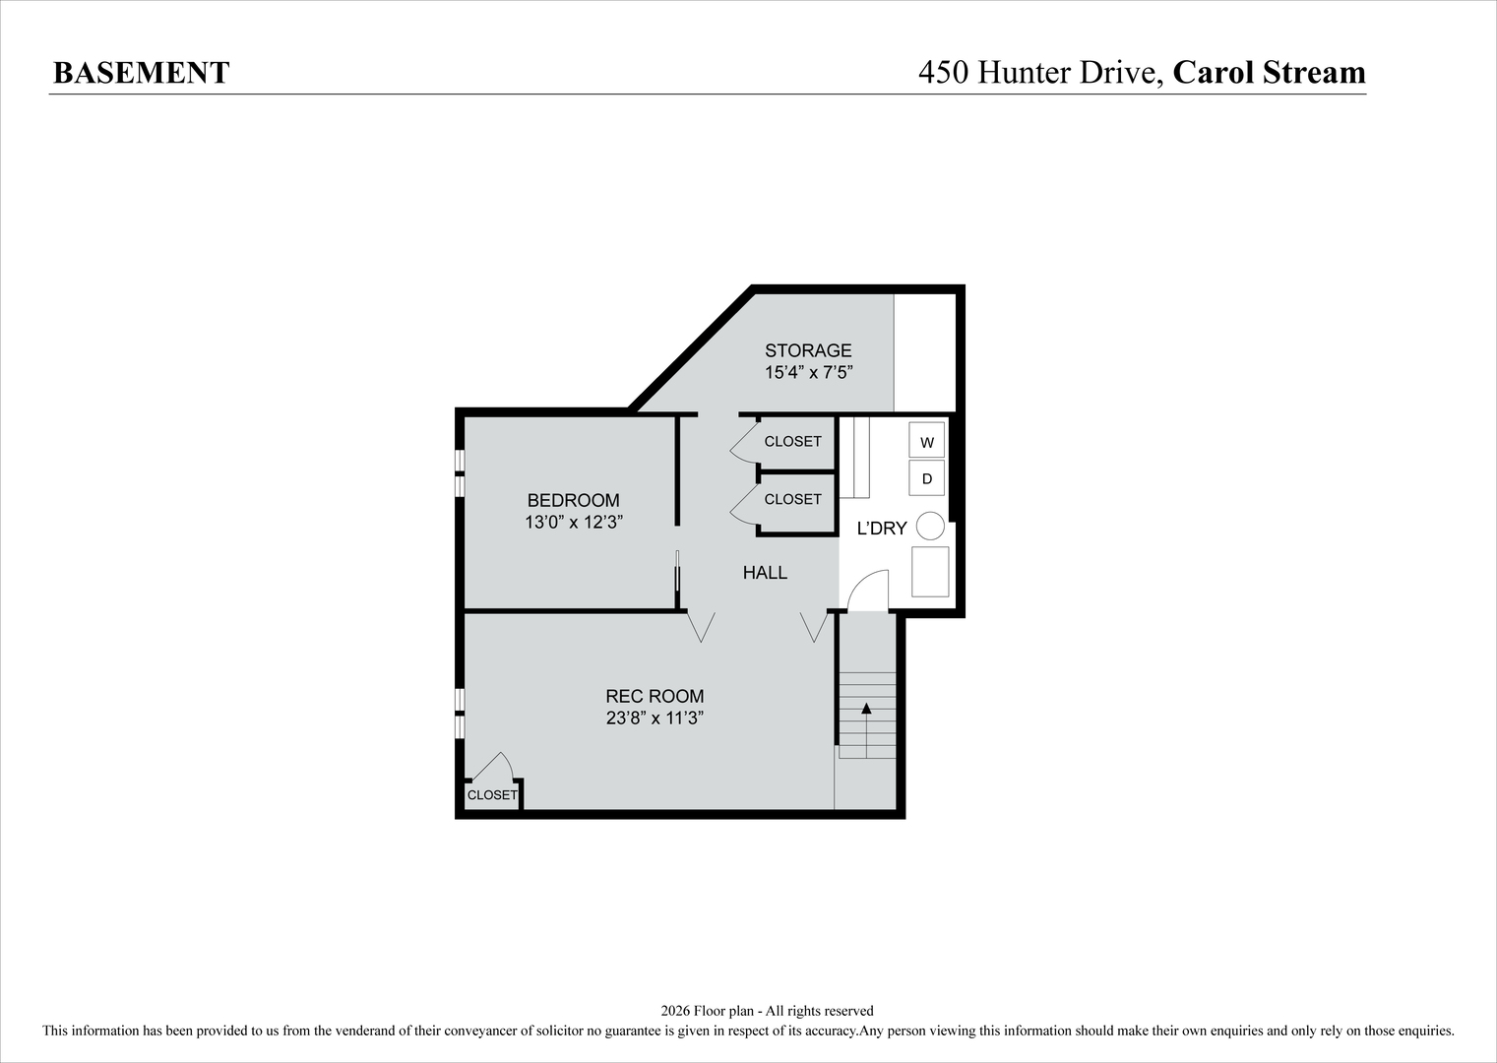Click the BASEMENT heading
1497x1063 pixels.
[141, 73]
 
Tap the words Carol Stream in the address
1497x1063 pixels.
[1269, 73]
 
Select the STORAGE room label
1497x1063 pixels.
[808, 350]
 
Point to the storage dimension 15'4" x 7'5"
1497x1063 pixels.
[808, 373]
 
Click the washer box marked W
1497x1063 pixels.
[926, 442]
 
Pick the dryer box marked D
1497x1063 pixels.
[926, 479]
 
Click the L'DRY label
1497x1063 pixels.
[882, 529]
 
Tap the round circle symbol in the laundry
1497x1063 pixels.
[930, 527]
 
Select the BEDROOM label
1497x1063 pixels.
[573, 500]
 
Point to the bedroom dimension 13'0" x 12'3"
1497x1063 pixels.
[573, 523]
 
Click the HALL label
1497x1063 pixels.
[765, 573]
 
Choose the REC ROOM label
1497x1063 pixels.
[655, 696]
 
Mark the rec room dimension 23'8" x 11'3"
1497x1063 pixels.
[655, 719]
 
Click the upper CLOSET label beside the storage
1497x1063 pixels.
[792, 442]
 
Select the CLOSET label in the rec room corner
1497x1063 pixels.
[491, 795]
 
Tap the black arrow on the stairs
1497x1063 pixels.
[866, 709]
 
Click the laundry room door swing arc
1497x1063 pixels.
[868, 589]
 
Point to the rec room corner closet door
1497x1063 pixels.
[493, 767]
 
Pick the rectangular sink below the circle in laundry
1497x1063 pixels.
[930, 572]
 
